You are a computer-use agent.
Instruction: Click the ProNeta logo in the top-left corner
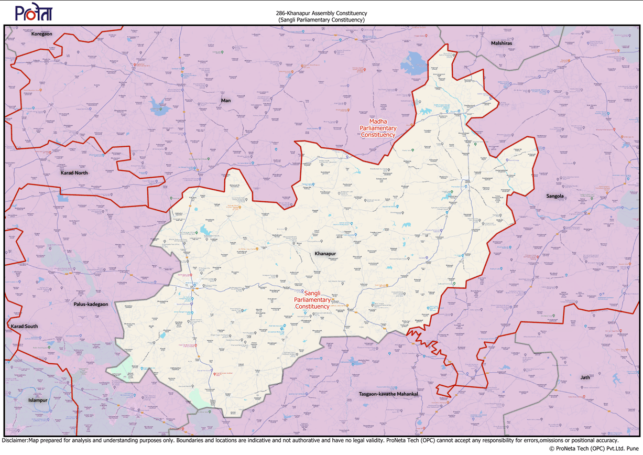point(34,13)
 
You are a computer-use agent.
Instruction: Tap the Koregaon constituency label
point(41,34)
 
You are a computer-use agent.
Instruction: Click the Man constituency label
point(226,100)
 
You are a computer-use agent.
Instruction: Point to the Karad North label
point(74,172)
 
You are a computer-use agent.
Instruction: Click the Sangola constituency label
point(555,196)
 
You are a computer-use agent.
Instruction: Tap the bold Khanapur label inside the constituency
point(325,254)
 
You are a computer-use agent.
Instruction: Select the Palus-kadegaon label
point(91,304)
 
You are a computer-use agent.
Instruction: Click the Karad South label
point(24,326)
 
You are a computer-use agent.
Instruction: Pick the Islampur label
point(38,400)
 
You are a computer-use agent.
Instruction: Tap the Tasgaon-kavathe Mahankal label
point(388,394)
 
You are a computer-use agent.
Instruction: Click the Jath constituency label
point(585,377)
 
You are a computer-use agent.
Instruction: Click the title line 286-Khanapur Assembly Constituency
point(321,13)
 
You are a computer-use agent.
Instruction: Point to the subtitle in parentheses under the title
point(321,19)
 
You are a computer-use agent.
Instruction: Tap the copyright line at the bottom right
point(594,449)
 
